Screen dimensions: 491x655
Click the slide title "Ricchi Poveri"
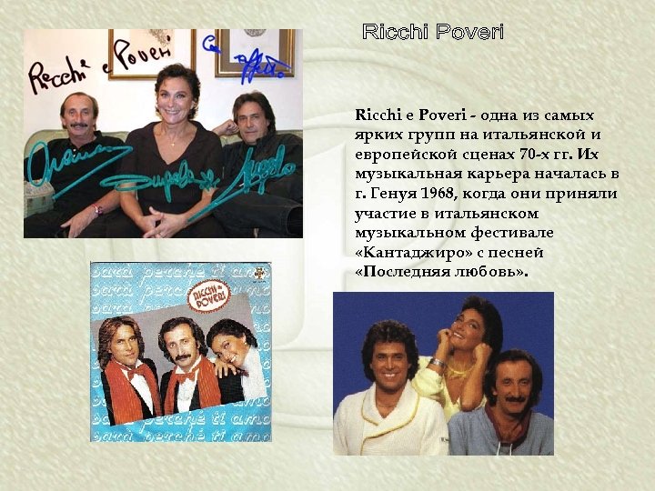coord(433,33)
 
